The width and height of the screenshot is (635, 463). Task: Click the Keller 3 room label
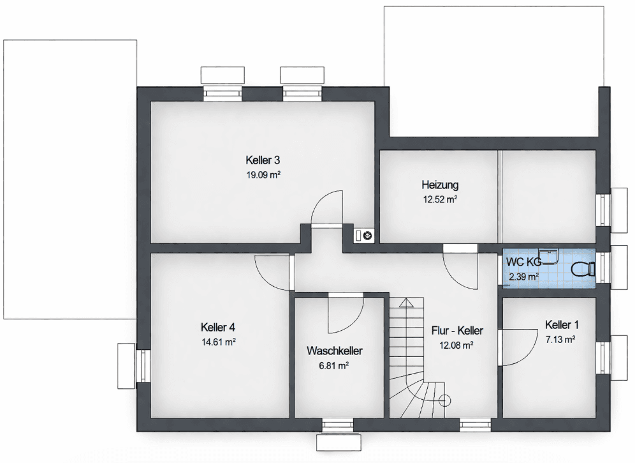point(263,159)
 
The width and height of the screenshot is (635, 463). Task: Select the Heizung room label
point(440,185)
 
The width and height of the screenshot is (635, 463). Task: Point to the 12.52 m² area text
point(440,199)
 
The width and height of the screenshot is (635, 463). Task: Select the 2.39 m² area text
point(523,277)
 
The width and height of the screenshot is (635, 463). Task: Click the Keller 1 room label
point(562,325)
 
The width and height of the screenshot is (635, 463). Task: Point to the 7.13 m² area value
point(562,339)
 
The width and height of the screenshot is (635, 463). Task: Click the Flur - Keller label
point(456,331)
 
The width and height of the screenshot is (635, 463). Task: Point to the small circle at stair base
point(445,401)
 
